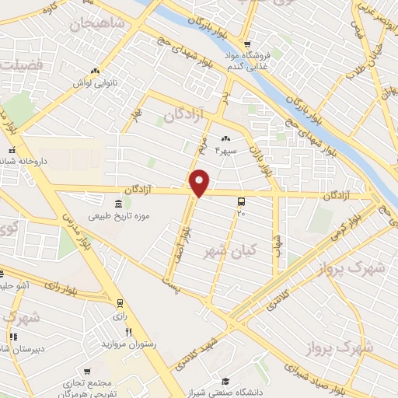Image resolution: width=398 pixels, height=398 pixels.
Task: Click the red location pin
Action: tap(200, 183)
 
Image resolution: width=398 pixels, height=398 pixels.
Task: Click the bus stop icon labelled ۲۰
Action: tap(241, 201)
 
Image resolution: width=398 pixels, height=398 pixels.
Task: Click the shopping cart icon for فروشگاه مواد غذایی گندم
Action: tap(247, 44)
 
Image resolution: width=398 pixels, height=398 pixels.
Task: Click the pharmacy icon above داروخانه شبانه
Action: tap(12, 149)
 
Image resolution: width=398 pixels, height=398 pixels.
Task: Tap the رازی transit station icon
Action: tap(119, 302)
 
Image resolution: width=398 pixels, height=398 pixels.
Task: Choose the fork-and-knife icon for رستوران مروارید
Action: tap(129, 331)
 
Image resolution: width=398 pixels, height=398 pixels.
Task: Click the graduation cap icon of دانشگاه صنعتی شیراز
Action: tap(225, 381)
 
